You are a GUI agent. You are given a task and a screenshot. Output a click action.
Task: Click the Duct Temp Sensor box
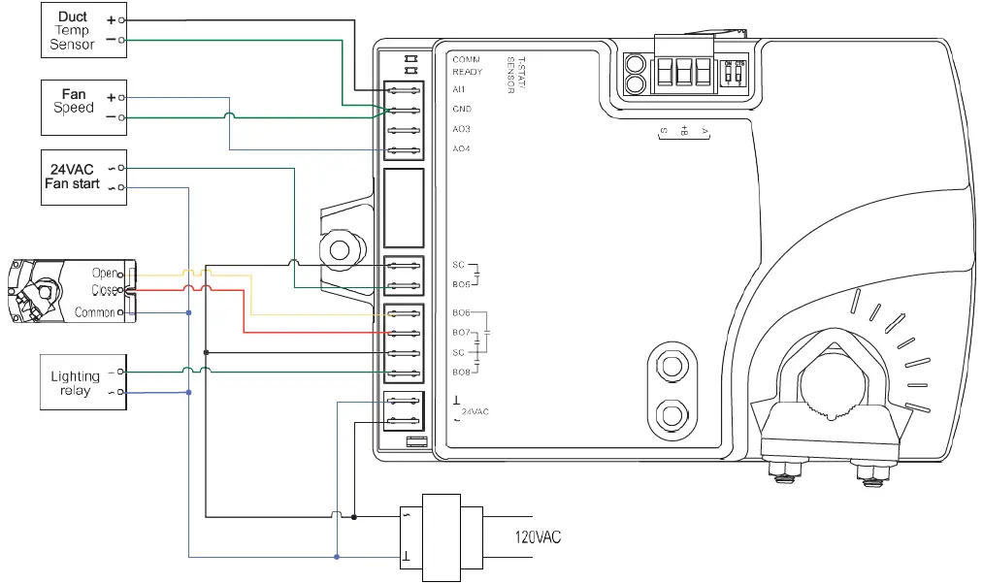tap(83, 30)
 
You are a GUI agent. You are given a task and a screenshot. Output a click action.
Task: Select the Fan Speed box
tap(83, 108)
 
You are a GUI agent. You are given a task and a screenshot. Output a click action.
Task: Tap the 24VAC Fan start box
tap(83, 177)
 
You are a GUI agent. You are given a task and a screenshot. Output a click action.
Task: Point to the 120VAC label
tap(538, 536)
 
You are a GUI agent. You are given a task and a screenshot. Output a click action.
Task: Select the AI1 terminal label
tap(460, 89)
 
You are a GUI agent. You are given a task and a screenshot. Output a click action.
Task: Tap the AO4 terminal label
tap(461, 149)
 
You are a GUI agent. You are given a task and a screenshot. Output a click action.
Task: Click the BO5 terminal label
tap(461, 285)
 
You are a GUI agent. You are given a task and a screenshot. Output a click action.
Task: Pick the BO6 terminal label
tap(461, 313)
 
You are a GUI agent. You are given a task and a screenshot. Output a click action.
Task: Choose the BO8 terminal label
tap(461, 373)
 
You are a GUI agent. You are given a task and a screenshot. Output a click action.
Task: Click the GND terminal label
tap(462, 110)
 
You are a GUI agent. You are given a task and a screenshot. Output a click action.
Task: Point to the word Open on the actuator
tap(104, 274)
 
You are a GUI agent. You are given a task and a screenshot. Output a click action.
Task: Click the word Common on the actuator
tap(95, 312)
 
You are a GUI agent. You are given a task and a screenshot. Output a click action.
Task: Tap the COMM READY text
tap(467, 66)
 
